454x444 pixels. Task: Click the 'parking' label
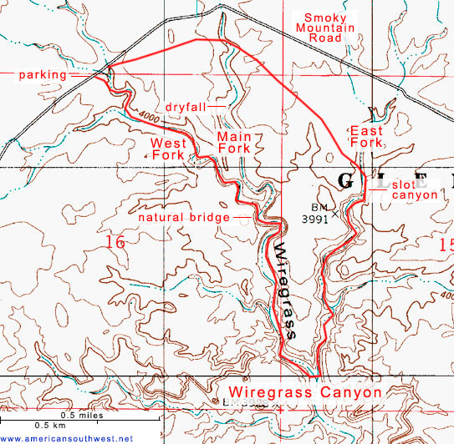coord(44,74)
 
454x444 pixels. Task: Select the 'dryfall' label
coord(186,107)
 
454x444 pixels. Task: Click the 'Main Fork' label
coord(233,142)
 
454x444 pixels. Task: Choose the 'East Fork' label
coord(366,138)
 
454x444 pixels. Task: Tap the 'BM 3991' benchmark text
coord(315,213)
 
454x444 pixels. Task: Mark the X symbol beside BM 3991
coord(337,214)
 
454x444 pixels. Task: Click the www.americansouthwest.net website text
coord(67,438)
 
